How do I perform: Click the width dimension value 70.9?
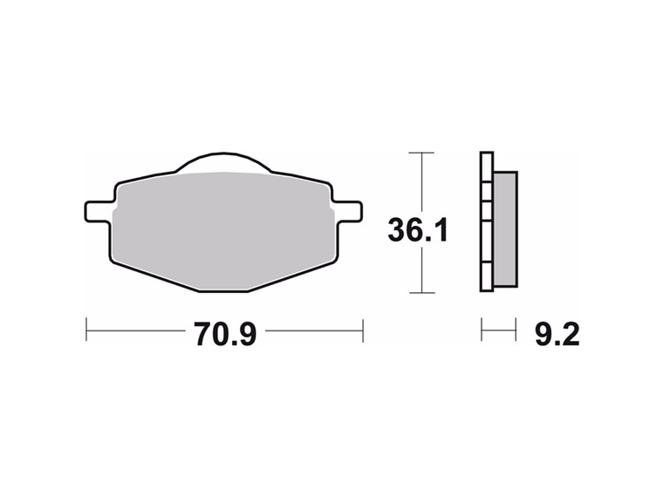pyautogui.click(x=224, y=333)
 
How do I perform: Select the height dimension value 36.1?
pyautogui.click(x=418, y=231)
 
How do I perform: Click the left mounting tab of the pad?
pyautogui.click(x=99, y=211)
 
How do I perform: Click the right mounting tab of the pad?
pyautogui.click(x=348, y=211)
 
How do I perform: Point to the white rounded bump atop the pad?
pyautogui.click(x=224, y=165)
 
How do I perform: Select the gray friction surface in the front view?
pyautogui.click(x=222, y=227)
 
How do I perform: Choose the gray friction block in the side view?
pyautogui.click(x=504, y=228)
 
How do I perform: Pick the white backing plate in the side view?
pyautogui.click(x=486, y=222)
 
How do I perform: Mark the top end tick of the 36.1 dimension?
pyautogui.click(x=421, y=153)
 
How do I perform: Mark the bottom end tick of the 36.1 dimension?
pyautogui.click(x=421, y=293)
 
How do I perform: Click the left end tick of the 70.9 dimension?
pyautogui.click(x=86, y=330)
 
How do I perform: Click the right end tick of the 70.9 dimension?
pyautogui.click(x=362, y=330)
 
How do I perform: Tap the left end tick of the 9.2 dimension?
pyautogui.click(x=482, y=330)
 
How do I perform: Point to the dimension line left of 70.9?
pyautogui.click(x=135, y=330)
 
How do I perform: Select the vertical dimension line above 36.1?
pyautogui.click(x=421, y=183)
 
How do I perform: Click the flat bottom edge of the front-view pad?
pyautogui.click(x=222, y=289)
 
